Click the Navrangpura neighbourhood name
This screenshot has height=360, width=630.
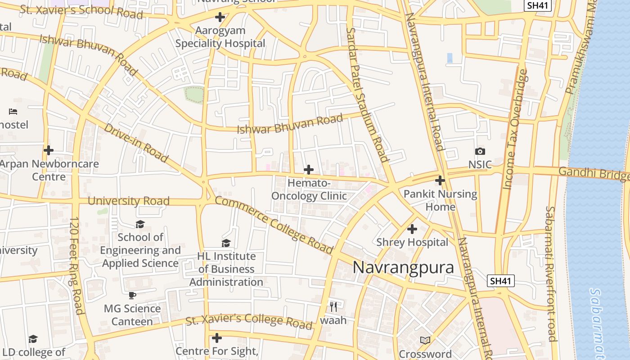[x=403, y=267]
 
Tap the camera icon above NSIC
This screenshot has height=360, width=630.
[x=480, y=152]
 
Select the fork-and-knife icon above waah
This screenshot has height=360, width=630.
[x=333, y=307]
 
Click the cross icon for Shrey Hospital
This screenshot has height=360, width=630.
[x=412, y=229]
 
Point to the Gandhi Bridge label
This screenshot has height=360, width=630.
[x=594, y=174]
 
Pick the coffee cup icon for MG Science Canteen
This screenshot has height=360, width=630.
[x=132, y=296]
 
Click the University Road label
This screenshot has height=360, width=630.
[x=128, y=201]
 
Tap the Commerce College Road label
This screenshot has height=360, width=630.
[x=274, y=225]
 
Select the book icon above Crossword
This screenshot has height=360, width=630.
[x=425, y=340]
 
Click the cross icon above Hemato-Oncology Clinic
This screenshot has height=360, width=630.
[x=309, y=170]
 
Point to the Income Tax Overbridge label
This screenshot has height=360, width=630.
[x=515, y=129]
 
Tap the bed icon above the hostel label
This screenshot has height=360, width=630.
[x=13, y=111]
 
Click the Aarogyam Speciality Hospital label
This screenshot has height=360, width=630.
[x=220, y=37]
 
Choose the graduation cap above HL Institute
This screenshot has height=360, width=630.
[x=226, y=243]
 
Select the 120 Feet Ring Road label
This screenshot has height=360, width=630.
[x=76, y=265]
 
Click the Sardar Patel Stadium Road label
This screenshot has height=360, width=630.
[x=367, y=94]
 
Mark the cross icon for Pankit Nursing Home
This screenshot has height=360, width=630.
[x=440, y=180]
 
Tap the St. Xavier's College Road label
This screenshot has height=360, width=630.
[x=249, y=320]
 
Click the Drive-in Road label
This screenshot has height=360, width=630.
[x=136, y=143]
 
